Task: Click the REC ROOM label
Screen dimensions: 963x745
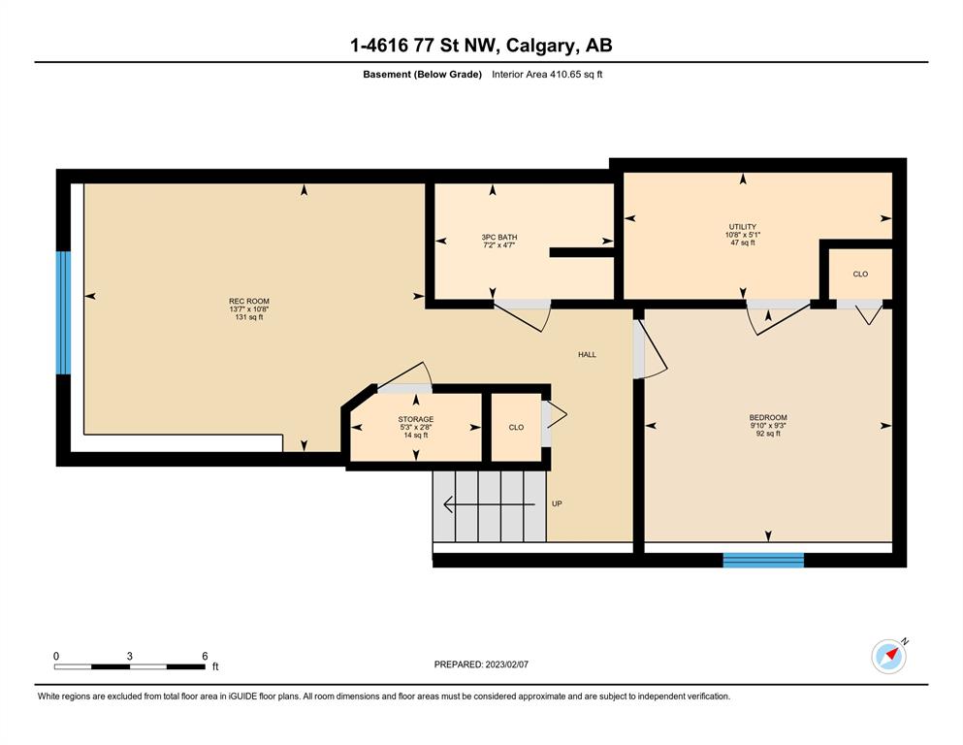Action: click(249, 301)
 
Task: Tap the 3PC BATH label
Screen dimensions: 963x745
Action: click(499, 237)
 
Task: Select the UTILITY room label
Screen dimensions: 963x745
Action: click(743, 227)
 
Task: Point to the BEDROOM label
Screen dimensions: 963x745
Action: click(768, 418)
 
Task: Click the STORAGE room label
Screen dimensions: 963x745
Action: click(416, 419)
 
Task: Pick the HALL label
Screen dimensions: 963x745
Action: click(587, 354)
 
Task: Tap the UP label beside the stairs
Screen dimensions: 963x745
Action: click(557, 503)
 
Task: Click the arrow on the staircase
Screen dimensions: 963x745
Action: click(489, 504)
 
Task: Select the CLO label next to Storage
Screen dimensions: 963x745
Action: click(517, 428)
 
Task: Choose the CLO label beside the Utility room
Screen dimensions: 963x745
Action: click(860, 274)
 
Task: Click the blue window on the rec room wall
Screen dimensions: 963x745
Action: click(63, 312)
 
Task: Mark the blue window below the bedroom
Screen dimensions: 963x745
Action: click(763, 560)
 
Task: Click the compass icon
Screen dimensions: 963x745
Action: click(889, 657)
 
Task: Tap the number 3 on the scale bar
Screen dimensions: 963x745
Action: click(130, 656)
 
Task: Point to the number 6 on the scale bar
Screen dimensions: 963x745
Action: click(206, 656)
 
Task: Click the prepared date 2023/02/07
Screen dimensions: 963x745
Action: click(506, 664)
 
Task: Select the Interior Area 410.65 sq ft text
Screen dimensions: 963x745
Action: click(547, 75)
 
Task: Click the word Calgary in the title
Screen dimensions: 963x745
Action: click(541, 46)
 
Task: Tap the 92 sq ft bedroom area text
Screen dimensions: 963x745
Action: click(768, 434)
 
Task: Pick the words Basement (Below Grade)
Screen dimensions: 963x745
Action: click(423, 75)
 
